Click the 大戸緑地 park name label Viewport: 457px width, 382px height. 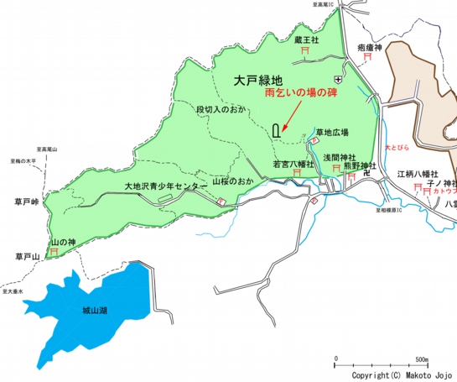pyautogui.click(x=259, y=81)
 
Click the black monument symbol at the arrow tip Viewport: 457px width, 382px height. pyautogui.click(x=278, y=130)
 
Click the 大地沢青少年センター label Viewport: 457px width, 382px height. pyautogui.click(x=165, y=186)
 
